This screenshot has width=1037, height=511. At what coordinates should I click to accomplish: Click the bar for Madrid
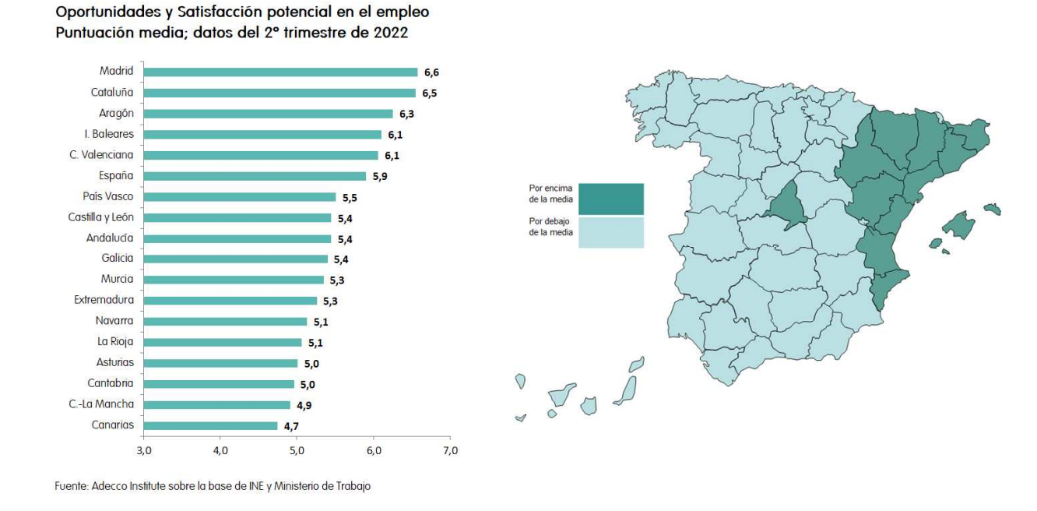click(x=281, y=72)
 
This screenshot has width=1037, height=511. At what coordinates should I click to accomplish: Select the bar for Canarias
click(x=210, y=425)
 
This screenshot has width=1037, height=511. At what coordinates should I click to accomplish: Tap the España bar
click(x=255, y=176)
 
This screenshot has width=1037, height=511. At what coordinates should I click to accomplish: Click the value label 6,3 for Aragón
click(x=406, y=114)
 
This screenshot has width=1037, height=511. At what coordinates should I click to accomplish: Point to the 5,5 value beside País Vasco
click(x=350, y=198)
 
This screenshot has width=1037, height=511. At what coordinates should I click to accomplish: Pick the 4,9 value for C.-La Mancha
click(x=304, y=405)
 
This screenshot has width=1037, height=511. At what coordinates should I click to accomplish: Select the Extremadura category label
click(x=104, y=300)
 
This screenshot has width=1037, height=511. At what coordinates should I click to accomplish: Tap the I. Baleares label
click(x=108, y=134)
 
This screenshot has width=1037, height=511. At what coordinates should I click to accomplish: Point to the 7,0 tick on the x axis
click(x=450, y=451)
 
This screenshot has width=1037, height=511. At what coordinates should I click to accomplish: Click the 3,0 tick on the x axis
click(x=144, y=451)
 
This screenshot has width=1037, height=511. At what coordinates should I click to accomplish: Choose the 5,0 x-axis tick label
click(x=297, y=451)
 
